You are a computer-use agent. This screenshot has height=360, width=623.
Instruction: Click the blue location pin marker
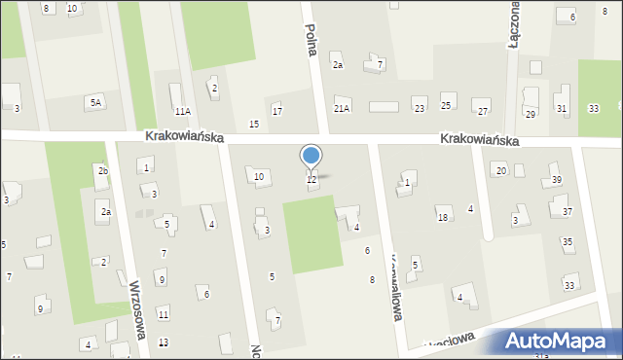click(x=311, y=156)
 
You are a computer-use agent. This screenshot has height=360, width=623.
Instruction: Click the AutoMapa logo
click(x=561, y=342)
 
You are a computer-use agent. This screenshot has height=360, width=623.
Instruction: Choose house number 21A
click(x=342, y=109)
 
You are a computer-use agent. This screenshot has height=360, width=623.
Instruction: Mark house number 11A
click(x=183, y=112)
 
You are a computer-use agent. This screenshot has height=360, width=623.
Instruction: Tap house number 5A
click(x=95, y=102)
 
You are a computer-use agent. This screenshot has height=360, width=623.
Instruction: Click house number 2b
click(x=103, y=171)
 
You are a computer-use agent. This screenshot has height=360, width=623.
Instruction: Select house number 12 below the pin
click(x=311, y=179)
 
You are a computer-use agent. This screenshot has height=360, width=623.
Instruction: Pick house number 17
click(x=277, y=112)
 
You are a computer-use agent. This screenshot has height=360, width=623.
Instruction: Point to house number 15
click(x=254, y=124)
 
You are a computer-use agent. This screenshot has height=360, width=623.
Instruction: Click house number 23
click(x=420, y=103)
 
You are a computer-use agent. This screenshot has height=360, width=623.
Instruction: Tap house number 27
click(x=483, y=112)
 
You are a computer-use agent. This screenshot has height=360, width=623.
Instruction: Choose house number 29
click(x=531, y=114)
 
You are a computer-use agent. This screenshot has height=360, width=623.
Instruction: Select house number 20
click(x=500, y=170)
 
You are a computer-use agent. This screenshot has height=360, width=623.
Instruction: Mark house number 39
click(x=557, y=180)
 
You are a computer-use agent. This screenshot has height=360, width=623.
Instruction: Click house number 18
click(x=442, y=217)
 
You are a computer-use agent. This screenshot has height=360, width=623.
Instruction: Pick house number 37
click(x=568, y=211)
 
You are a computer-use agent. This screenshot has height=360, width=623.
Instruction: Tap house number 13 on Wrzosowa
click(x=164, y=342)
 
